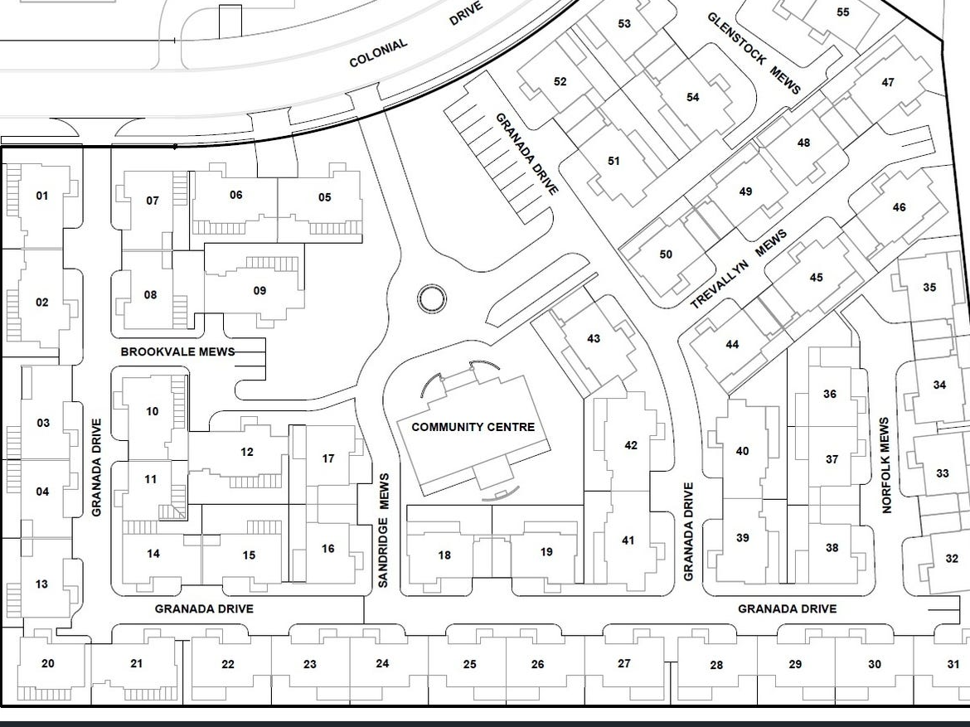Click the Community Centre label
(x=473, y=427)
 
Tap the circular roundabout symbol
(x=432, y=299)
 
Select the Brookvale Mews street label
(x=177, y=352)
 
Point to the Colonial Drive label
(x=415, y=36)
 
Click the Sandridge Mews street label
(x=384, y=531)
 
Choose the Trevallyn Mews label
(x=739, y=269)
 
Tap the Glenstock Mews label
(x=754, y=53)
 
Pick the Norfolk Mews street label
(x=886, y=465)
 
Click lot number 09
(x=259, y=291)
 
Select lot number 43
(x=594, y=338)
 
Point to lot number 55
(x=842, y=12)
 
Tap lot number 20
(x=47, y=664)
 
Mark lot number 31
(x=953, y=665)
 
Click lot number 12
(x=247, y=453)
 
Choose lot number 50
(x=666, y=254)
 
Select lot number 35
(x=929, y=287)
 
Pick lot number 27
(x=624, y=663)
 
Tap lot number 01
(x=41, y=196)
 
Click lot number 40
(x=742, y=451)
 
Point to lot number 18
(x=444, y=555)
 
